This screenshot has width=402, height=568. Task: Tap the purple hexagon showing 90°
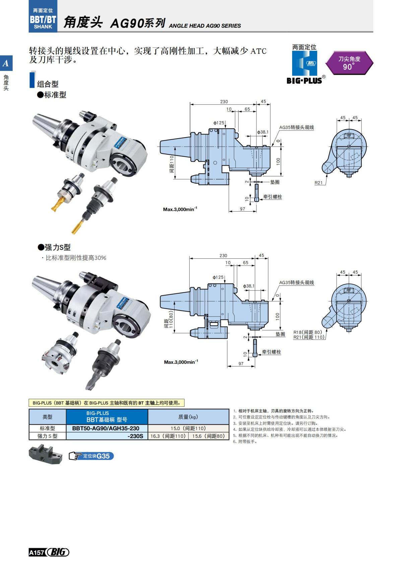pyautogui.click(x=349, y=63)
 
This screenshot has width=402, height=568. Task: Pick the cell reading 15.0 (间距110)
pyautogui.click(x=188, y=428)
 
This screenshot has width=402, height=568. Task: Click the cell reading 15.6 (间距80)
pyautogui.click(x=208, y=436)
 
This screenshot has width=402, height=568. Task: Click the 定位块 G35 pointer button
pyautogui.click(x=91, y=456)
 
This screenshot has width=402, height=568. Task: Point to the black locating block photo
pyautogui.click(x=45, y=454)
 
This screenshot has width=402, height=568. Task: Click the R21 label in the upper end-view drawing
pyautogui.click(x=319, y=183)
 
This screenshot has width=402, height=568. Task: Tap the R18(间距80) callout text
pyautogui.click(x=308, y=332)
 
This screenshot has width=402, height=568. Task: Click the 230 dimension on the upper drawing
pyautogui.click(x=224, y=101)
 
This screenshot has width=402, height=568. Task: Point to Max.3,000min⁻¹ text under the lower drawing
pyautogui.click(x=181, y=362)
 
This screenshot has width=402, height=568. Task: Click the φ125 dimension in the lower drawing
pyautogui.click(x=218, y=277)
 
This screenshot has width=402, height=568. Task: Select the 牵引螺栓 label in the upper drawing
pyautogui.click(x=272, y=197)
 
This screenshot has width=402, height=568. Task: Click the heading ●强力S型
pyautogui.click(x=54, y=247)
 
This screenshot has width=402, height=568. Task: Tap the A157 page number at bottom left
pyautogui.click(x=36, y=553)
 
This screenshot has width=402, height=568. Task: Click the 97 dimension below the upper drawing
pyautogui.click(x=243, y=209)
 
